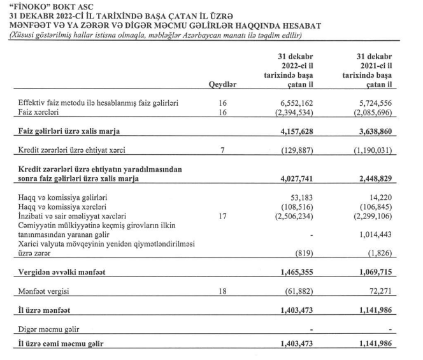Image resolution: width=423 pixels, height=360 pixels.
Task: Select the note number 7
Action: [222, 152]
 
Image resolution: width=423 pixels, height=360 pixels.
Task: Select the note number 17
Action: [222, 217]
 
